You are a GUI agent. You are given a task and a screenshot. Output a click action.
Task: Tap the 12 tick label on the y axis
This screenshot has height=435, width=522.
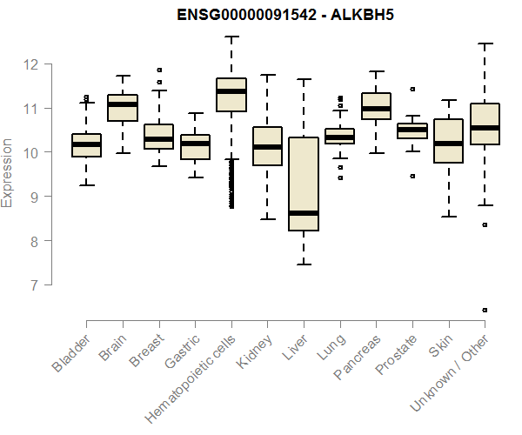pyautogui.click(x=31, y=64)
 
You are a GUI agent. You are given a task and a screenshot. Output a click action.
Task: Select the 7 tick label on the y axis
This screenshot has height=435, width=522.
pyautogui.click(x=31, y=285)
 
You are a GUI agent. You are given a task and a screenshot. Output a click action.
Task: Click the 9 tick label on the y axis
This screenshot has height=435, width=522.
pyautogui.click(x=31, y=197)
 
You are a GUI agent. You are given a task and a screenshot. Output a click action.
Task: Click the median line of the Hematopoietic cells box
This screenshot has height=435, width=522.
pyautogui.click(x=231, y=91)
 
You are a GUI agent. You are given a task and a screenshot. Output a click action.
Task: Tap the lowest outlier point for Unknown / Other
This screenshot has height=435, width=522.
pyautogui.click(x=485, y=310)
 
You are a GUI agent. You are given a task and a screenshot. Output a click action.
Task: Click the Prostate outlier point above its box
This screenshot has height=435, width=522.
pyautogui.click(x=412, y=89)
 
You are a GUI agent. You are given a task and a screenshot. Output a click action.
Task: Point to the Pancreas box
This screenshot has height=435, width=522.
pyautogui.click(x=376, y=105)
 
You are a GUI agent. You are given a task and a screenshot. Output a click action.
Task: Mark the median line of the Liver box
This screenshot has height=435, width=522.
pyautogui.click(x=304, y=213)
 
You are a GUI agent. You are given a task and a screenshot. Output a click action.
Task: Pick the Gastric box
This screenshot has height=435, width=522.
pyautogui.click(x=195, y=146)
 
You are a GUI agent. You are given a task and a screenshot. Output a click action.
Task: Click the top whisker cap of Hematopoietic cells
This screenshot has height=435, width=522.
pyautogui.click(x=231, y=37)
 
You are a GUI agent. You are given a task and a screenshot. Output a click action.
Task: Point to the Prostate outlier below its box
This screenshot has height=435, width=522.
pyautogui.click(x=412, y=176)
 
